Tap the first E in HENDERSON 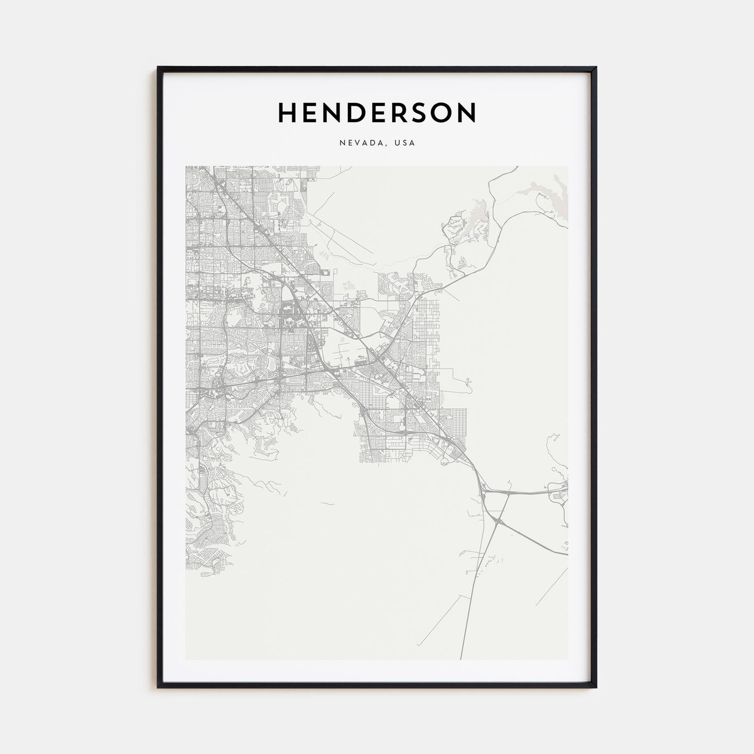[310, 112]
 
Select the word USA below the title [404, 143]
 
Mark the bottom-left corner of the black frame [158, 687]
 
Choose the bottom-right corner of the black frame [596, 687]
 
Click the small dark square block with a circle [326, 274]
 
